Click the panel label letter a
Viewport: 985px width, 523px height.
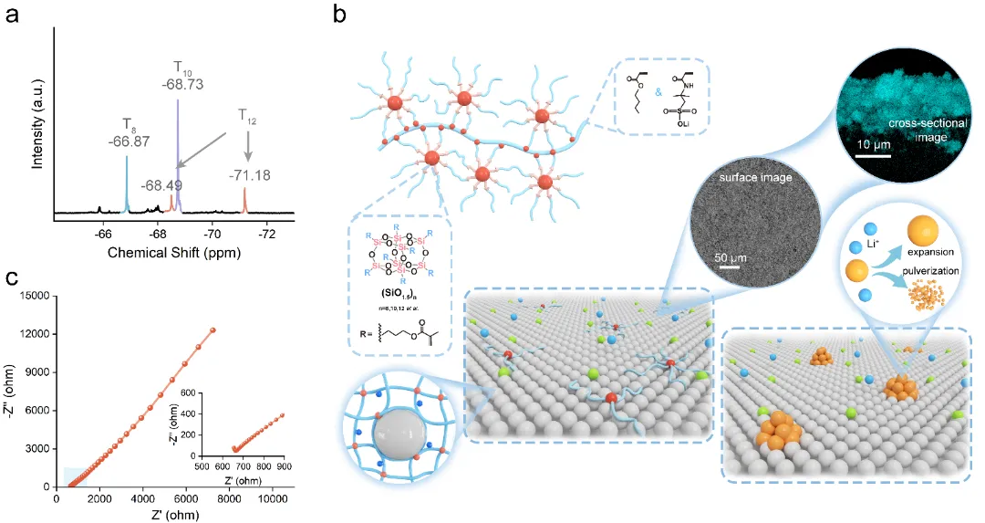(13, 16)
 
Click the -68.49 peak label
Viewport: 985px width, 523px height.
(161, 185)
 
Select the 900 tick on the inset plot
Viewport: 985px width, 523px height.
(284, 468)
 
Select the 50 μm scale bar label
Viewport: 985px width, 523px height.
(727, 256)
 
